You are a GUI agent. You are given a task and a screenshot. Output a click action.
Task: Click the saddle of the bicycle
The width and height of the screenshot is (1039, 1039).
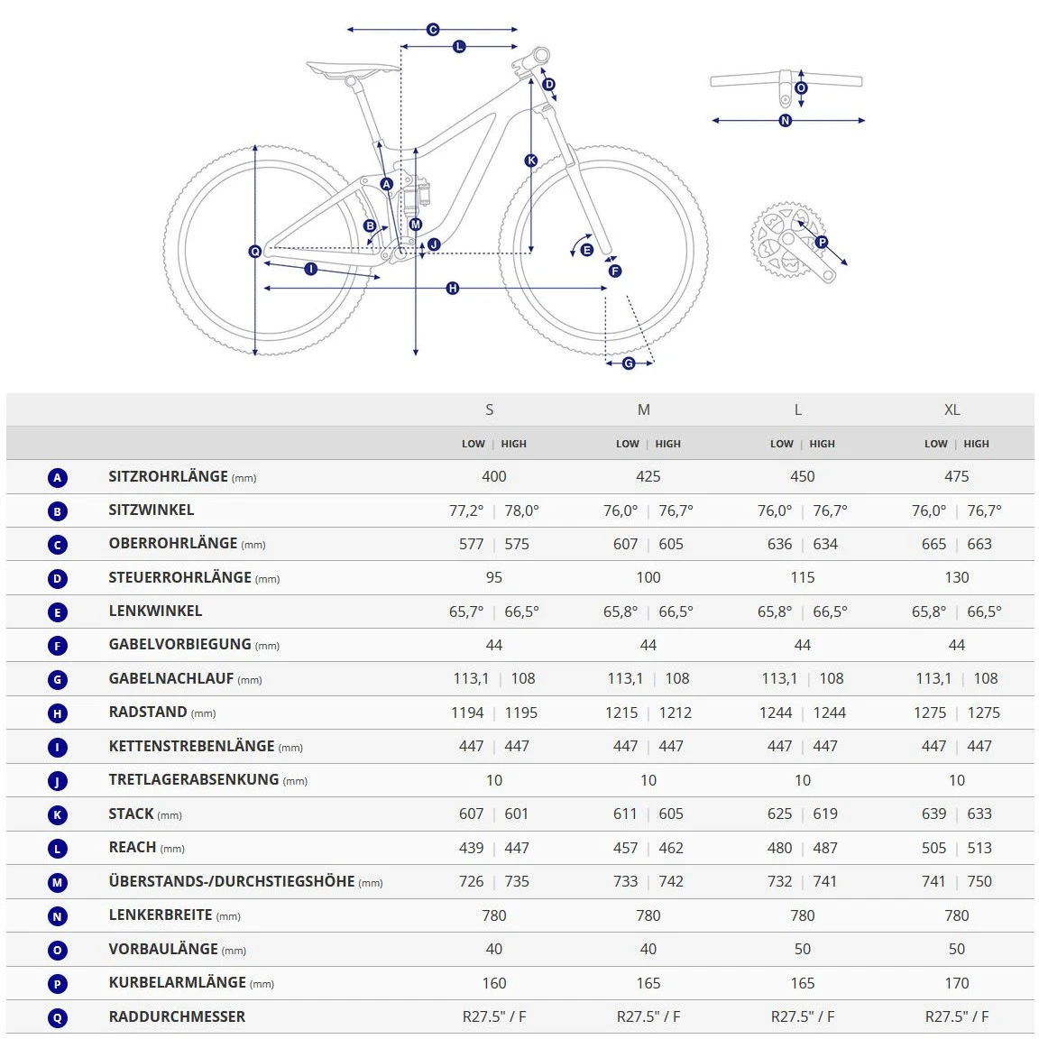352,69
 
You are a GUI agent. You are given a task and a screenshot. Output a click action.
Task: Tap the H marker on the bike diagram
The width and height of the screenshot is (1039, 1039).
453,289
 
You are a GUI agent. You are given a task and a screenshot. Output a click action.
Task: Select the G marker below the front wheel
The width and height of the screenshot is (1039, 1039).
629,363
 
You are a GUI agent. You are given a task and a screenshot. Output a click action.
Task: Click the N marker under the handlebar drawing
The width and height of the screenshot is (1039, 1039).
785,121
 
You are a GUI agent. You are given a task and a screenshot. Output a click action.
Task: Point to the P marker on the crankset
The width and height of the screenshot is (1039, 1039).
822,242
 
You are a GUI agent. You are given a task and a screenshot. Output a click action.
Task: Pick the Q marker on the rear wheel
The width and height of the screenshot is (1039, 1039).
255,252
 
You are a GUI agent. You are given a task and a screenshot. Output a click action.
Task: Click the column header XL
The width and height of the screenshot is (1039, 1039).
952,409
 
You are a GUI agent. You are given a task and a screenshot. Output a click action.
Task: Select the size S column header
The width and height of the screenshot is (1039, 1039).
490,409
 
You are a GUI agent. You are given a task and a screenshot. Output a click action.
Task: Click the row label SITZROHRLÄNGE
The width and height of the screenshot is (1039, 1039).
169,476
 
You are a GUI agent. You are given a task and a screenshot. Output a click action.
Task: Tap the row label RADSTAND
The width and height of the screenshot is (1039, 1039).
148,713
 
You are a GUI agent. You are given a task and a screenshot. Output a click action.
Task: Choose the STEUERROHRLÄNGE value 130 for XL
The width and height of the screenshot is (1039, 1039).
956,577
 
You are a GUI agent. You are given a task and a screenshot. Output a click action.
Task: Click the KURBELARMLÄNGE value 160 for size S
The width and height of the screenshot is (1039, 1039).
494,983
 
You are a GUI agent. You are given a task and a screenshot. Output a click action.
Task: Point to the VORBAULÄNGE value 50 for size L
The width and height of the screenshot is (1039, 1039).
802,949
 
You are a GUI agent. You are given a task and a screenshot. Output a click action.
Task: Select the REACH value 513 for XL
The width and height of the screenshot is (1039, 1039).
979,848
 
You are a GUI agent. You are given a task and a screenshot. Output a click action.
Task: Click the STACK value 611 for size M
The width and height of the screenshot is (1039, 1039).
625,814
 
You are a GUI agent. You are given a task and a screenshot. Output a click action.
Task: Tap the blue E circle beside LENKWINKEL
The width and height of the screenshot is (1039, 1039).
58,612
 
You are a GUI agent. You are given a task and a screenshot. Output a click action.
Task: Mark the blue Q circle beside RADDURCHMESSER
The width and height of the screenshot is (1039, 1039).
58,1018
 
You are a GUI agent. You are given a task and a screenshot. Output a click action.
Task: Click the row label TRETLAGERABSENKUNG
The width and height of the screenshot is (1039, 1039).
194,780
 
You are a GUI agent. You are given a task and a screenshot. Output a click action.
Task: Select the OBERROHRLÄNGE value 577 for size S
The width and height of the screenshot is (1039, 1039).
471,544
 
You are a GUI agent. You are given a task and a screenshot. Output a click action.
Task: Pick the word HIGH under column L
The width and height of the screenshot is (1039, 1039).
822,444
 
